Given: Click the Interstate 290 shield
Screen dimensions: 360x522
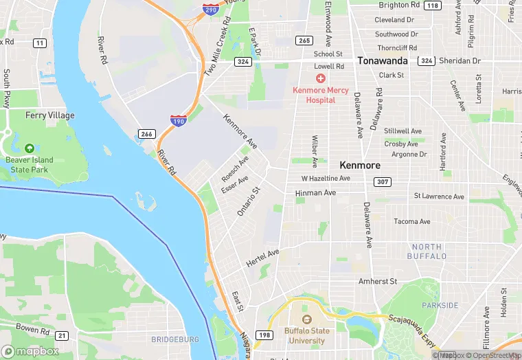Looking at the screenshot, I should (x=212, y=9).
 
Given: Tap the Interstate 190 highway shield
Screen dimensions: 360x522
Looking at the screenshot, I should (x=177, y=121).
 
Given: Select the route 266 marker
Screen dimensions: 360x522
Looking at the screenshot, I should (x=146, y=133).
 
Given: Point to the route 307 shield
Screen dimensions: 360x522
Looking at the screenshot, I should (x=383, y=181).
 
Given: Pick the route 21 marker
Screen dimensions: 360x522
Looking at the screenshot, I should (x=63, y=335).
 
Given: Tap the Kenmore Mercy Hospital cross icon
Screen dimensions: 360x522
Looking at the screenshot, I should (x=321, y=79).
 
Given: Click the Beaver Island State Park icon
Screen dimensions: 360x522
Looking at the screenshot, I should (x=30, y=148).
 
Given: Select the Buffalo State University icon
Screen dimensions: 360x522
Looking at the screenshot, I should (x=307, y=320).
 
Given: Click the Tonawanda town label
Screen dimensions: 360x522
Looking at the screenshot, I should (x=382, y=60).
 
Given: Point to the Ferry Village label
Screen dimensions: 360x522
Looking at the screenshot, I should (x=50, y=115).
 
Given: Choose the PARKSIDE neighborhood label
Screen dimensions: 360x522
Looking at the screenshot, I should (x=440, y=305).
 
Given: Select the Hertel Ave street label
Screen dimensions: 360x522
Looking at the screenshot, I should (x=262, y=259).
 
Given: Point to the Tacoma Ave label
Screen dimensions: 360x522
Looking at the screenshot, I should (x=412, y=221).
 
